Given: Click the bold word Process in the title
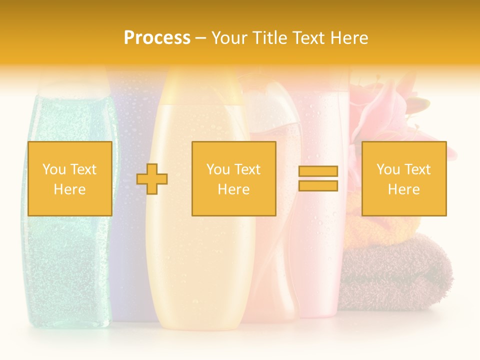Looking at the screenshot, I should coord(157,38).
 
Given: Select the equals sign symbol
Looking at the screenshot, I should coord(318,178).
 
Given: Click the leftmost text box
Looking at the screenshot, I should coord(70,178).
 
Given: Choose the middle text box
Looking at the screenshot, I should coord(233,178).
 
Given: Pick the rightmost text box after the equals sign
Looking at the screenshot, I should coord(403,178).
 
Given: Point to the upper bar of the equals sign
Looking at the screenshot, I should coord(318,171).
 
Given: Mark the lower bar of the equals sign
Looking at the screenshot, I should coord(318,186).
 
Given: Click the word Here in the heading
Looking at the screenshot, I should coord(350,38).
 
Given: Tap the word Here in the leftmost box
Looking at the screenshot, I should coord(69,189).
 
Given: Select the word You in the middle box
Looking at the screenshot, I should coord(218,169).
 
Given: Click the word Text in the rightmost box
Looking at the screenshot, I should coord(418,169).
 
